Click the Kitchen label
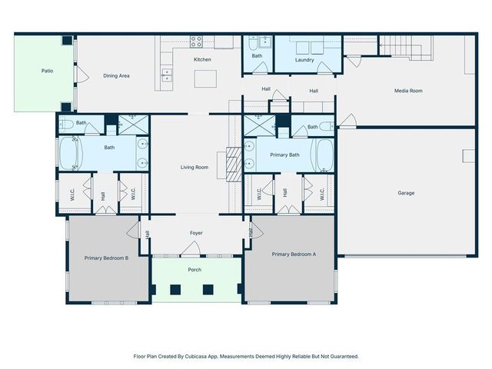click(202, 59)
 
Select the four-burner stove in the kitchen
click(196, 42)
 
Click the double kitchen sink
click(167, 75)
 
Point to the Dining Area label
click(116, 75)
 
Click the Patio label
click(48, 71)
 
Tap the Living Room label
click(194, 167)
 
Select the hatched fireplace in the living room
click(224, 165)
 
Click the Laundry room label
click(304, 59)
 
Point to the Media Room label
click(409, 91)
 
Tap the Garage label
click(406, 193)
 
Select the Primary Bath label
click(284, 155)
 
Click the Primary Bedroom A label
click(294, 254)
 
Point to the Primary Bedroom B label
click(106, 258)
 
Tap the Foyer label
click(197, 233)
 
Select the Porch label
click(195, 270)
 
